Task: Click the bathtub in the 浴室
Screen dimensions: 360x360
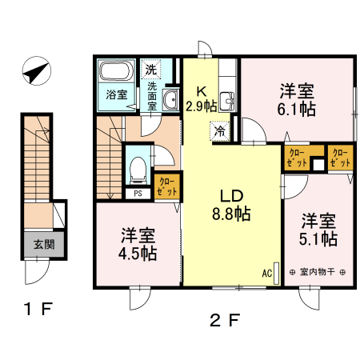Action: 116,74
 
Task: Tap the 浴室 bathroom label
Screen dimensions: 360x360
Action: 117,94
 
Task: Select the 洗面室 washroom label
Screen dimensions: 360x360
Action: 151,94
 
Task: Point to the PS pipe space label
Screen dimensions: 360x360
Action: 138,193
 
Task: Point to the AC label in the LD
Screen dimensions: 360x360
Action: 267,272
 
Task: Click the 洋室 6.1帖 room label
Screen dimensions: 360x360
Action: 297,99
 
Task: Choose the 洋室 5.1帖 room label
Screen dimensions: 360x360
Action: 318,230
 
